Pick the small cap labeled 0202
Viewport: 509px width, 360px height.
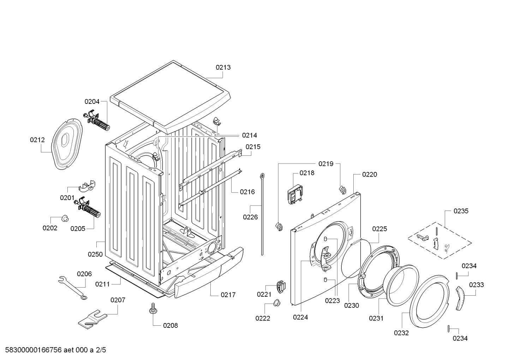pos(65,218)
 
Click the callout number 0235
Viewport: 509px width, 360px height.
pos(461,211)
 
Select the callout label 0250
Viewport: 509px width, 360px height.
pos(95,254)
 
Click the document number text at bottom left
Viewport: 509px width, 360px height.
pos(53,350)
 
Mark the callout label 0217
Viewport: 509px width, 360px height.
pos(228,295)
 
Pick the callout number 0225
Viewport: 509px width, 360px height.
pos(379,229)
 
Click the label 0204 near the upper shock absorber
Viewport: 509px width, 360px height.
pos(92,102)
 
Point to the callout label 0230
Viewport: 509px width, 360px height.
pos(351,305)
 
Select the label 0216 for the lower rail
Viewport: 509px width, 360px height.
pos(247,192)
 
